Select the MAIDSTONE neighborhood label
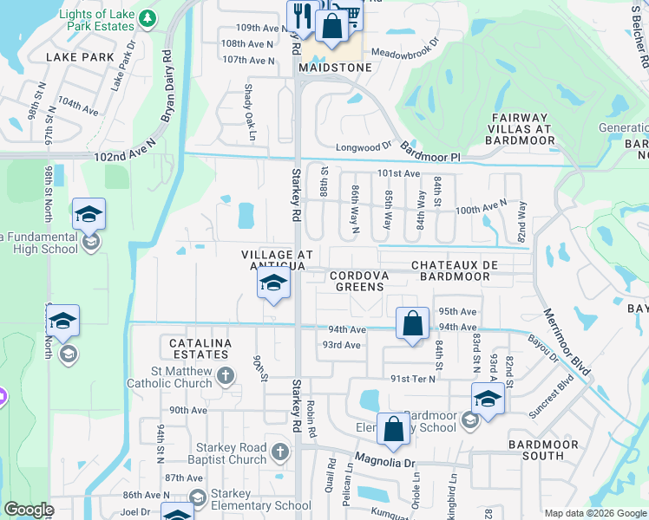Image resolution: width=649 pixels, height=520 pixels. pyautogui.click(x=335, y=67)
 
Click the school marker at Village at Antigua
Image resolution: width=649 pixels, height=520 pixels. pyautogui.click(x=274, y=284)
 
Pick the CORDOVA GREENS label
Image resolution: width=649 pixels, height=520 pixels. pyautogui.click(x=359, y=281)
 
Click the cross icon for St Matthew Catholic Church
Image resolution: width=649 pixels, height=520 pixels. pyautogui.click(x=225, y=375)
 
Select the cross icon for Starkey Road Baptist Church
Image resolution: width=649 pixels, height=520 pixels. pyautogui.click(x=279, y=451)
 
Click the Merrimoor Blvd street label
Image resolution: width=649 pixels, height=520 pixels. pyautogui.click(x=568, y=342)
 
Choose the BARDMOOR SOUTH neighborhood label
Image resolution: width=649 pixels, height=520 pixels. pyautogui.click(x=543, y=450)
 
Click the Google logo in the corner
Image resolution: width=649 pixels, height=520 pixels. pyautogui.click(x=29, y=510)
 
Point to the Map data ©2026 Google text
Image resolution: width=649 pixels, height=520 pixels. pyautogui.click(x=594, y=513)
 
